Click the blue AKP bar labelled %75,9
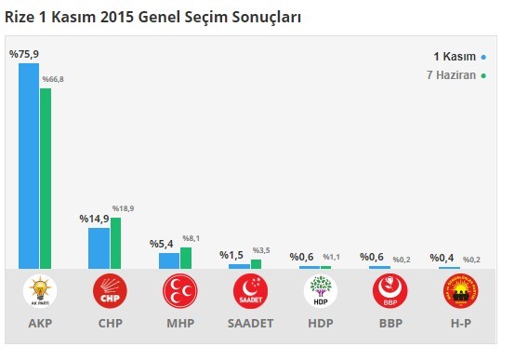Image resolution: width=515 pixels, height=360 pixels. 29,166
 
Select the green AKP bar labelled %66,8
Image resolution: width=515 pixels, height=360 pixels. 46,178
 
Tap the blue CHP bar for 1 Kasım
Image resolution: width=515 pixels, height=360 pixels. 99,248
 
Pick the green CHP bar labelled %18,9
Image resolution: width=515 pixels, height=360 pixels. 115,243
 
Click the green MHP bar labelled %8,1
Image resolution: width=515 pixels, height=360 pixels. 186,258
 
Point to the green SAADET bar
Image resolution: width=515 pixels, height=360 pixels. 256,264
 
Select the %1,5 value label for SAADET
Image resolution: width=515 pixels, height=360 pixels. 232,255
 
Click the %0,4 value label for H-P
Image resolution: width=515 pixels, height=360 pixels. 442,258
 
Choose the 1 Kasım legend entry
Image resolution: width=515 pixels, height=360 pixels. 456,56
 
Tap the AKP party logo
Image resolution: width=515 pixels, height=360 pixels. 41,291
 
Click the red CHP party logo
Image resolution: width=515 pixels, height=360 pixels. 110,291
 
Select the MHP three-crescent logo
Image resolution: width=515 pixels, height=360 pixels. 179,291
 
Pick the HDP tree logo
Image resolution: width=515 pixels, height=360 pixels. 321,291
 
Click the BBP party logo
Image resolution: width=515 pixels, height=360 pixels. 390,291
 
